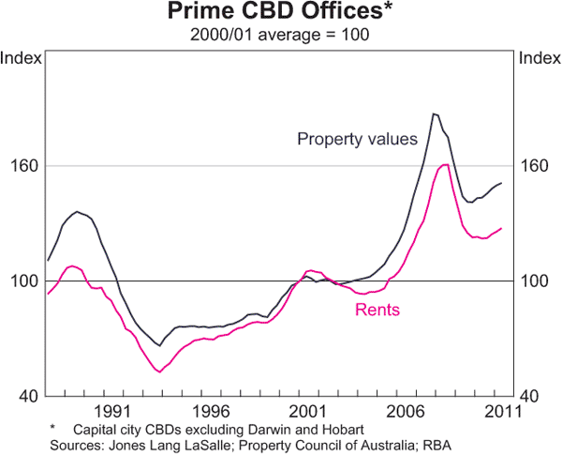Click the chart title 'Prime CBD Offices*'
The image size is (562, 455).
point(280,12)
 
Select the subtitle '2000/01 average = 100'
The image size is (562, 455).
point(280,36)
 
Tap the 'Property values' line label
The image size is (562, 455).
point(357,140)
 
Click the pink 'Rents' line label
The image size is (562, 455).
point(377,310)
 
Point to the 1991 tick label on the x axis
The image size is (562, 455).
point(111,411)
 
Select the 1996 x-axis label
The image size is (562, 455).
point(210,411)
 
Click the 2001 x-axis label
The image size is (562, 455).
point(308,411)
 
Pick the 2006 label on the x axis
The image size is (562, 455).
point(407,411)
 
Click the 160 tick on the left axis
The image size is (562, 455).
point(24,167)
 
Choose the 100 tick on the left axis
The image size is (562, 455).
point(24,281)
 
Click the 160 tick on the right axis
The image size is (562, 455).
point(535,167)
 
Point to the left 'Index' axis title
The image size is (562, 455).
point(22,58)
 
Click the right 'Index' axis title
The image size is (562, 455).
point(538,58)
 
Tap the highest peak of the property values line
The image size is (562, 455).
point(434,114)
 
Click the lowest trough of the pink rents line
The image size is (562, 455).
point(159,372)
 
